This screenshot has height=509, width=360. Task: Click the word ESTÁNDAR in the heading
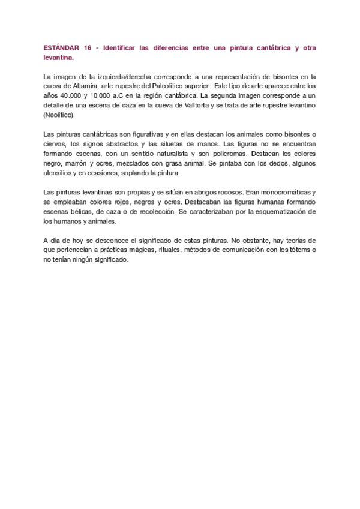[x=61, y=47]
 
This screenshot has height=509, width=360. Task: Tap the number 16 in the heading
[x=88, y=47]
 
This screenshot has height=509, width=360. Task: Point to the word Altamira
[x=85, y=86]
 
